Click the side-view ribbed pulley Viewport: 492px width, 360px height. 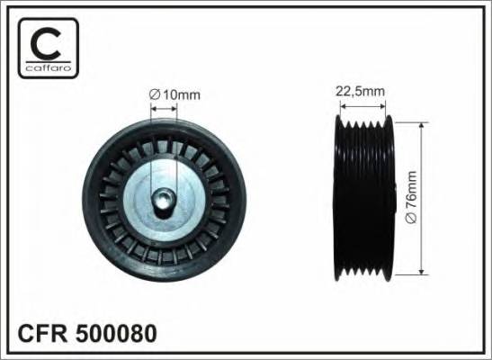tap(364, 196)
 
